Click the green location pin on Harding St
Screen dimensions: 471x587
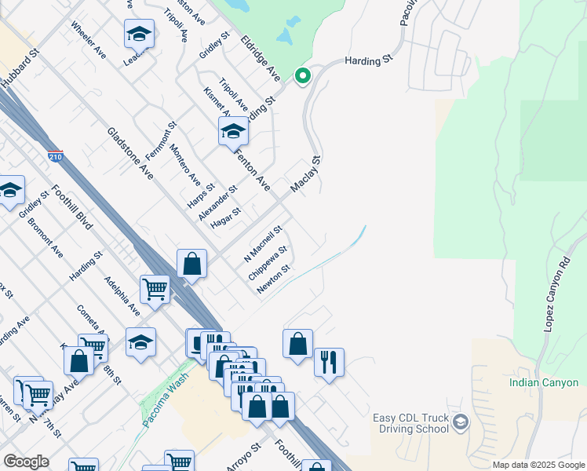tap(302, 76)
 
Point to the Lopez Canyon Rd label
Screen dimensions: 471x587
tap(557, 292)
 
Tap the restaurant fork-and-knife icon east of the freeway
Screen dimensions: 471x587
tap(328, 363)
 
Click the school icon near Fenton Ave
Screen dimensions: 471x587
tap(233, 131)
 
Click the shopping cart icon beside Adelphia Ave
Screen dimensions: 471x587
tap(155, 289)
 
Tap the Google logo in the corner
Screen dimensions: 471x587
tap(26, 462)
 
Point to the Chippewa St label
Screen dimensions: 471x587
tap(268, 264)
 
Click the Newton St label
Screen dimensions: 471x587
tap(275, 279)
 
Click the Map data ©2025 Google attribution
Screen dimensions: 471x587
tap(539, 465)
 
